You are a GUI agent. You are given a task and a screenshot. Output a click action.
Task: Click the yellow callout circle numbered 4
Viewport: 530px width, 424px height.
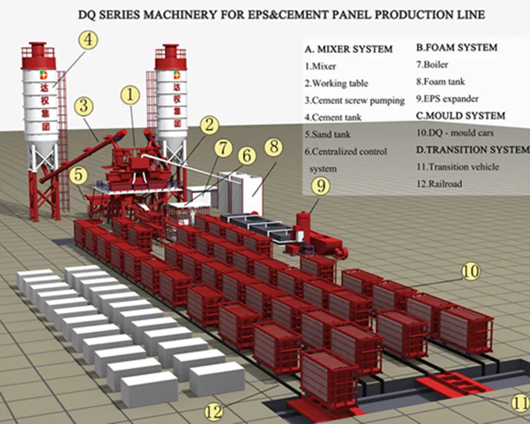(x=88, y=40)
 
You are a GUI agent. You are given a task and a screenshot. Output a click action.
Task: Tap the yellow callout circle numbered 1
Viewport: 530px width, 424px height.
(x=130, y=95)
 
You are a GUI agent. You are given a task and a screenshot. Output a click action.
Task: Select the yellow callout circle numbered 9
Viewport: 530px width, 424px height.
(x=320, y=186)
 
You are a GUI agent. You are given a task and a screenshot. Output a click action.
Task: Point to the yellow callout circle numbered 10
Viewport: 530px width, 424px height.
(x=471, y=271)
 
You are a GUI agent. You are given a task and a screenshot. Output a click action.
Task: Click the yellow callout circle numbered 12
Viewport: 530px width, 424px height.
(x=214, y=412)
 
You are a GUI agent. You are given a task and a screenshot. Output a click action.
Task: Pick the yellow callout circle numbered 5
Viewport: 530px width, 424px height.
(x=78, y=175)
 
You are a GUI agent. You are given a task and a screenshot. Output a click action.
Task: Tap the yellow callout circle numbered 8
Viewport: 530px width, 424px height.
(x=274, y=147)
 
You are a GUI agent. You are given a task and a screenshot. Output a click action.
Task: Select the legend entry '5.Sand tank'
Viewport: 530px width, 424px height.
(x=327, y=134)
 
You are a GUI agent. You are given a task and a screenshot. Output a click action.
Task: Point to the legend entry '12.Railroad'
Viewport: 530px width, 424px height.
(x=439, y=184)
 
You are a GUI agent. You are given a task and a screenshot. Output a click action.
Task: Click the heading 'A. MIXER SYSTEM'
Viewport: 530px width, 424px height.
(x=349, y=49)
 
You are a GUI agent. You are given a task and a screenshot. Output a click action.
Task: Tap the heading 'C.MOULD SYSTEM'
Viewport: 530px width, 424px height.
(x=461, y=115)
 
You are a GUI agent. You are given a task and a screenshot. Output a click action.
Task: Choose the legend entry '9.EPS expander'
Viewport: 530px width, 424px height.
(x=447, y=99)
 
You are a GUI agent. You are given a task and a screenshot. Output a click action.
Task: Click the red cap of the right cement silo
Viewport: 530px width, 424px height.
(x=171, y=57)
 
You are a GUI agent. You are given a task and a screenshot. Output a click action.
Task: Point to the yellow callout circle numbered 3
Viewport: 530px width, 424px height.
(x=84, y=106)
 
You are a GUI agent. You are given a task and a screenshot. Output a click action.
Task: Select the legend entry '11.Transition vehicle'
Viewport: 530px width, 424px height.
(x=457, y=166)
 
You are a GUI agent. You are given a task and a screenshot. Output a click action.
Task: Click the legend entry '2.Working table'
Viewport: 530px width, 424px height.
(x=336, y=83)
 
